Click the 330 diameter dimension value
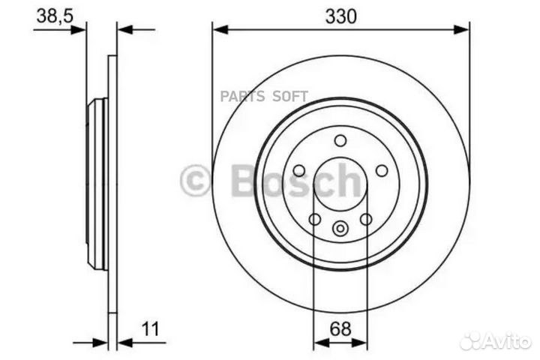point(340,16)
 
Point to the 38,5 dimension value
point(52,16)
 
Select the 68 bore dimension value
point(340,327)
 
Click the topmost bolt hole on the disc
point(340,141)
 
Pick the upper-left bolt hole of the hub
point(298,170)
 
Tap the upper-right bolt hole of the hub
point(382,170)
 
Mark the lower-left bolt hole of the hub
point(315,218)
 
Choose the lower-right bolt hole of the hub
point(366,218)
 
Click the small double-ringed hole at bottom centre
point(340,229)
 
